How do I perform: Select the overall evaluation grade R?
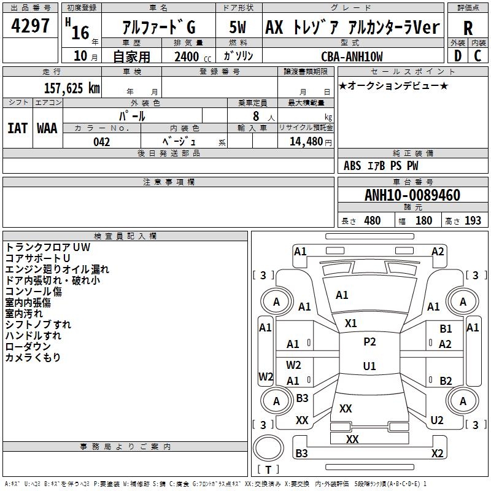pos(468,28)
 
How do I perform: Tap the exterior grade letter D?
pos(457,56)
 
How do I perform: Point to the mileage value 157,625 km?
pos(71,88)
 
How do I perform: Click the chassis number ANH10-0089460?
pos(412,195)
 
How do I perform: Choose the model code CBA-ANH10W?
pos(352,56)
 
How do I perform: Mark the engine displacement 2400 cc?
pos(187,56)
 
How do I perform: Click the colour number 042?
pos(102,142)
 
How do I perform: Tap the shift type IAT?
pos(17,128)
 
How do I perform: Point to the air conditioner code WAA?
pos(47,128)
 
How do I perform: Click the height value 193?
pos(473,221)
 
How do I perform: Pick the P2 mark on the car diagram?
pos(369,342)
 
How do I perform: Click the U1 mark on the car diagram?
pos(369,366)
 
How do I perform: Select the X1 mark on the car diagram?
pos(351,323)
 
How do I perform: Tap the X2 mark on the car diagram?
pos(437,453)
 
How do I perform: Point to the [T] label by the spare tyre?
pos(268,470)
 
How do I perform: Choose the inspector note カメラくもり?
pos(33,358)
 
